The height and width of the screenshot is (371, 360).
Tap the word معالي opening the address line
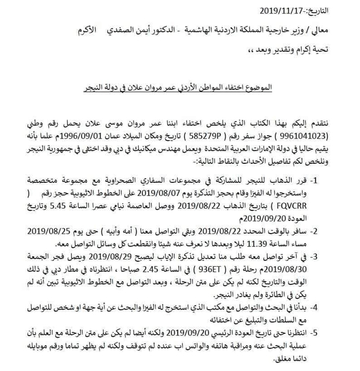click(340, 29)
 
